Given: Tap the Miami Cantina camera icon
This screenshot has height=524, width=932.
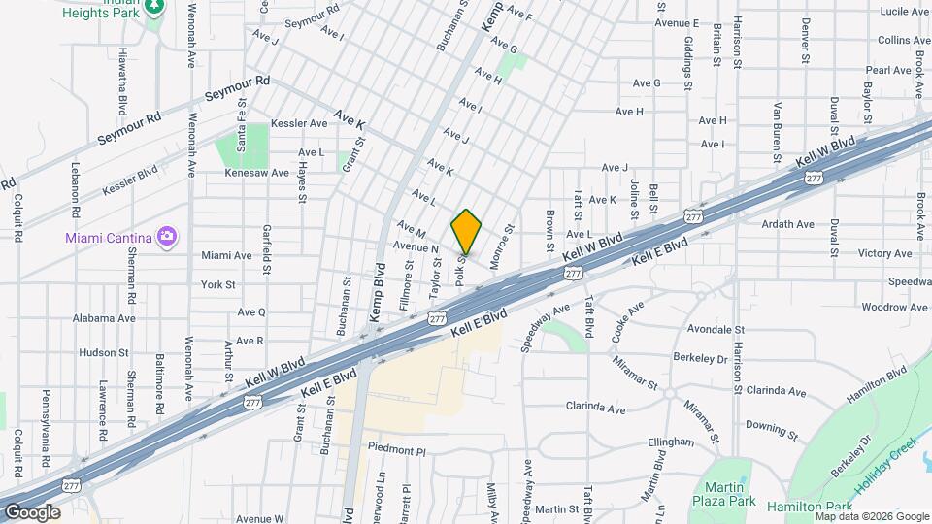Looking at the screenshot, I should coord(167,236).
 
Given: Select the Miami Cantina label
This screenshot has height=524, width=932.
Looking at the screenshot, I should coord(110,237).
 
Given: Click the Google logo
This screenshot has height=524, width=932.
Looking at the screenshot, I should coord(32,512).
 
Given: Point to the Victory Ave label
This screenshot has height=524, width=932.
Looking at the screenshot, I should coord(885,253).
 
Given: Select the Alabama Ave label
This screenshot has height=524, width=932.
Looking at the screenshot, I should coord(104,317).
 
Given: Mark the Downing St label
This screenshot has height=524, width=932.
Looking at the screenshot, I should coord(772,426).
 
